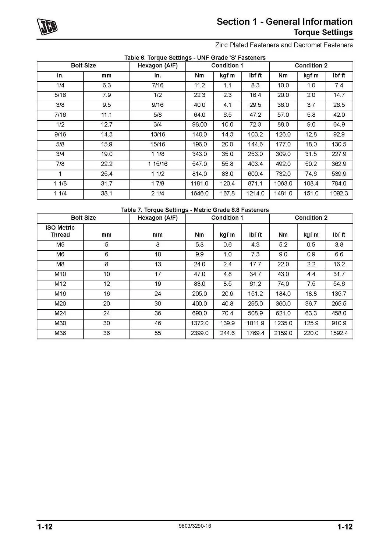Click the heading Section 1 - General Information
284,22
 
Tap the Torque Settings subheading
323,32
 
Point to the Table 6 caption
195,57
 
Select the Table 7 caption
195,210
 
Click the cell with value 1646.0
199,193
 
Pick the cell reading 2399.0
199,333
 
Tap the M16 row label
60,294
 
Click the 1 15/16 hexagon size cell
157,164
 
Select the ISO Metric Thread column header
60,231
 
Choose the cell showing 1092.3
339,193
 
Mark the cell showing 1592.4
339,333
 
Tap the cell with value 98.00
199,124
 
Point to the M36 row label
60,333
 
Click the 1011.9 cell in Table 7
255,323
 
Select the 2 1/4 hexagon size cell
157,193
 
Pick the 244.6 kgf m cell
227,333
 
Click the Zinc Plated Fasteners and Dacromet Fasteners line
284,45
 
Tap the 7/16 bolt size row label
60,115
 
